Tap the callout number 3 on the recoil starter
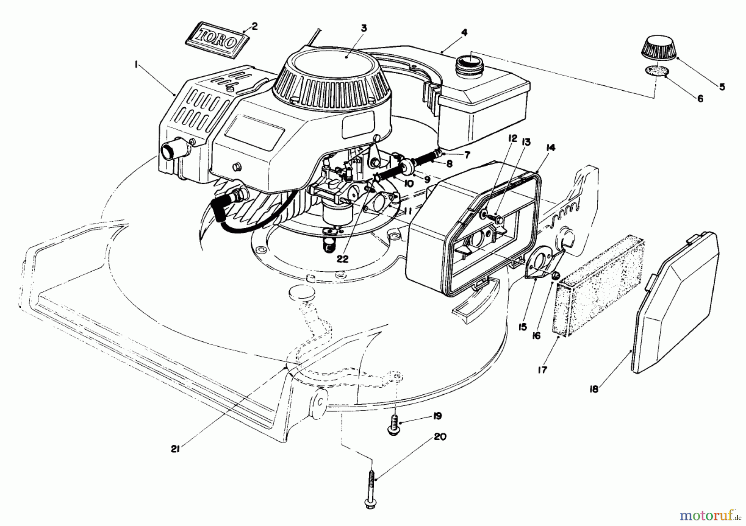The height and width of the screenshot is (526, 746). coord(363,28)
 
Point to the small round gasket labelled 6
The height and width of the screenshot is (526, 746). coord(657,71)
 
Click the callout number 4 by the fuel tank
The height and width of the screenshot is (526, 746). coord(464,32)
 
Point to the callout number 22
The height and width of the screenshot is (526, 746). coord(342,258)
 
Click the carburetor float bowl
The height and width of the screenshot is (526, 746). coord(336,212)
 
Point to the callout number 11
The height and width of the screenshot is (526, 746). coord(407,212)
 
